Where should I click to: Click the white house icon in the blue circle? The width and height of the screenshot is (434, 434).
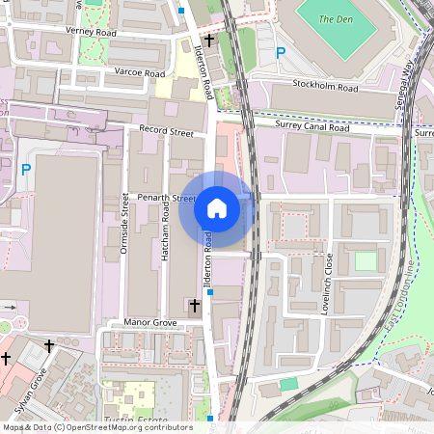pyautogui.click(x=217, y=207)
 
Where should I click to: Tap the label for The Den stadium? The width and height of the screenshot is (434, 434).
pyautogui.click(x=335, y=19)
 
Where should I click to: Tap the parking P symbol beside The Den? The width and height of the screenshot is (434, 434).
pyautogui.click(x=282, y=53)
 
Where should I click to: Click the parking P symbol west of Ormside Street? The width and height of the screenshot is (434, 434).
pyautogui.click(x=26, y=170)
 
